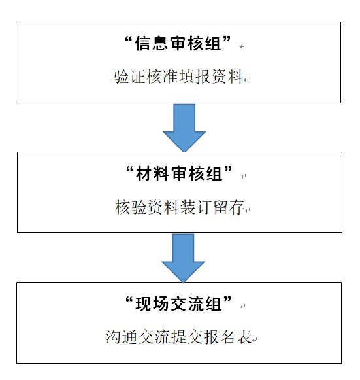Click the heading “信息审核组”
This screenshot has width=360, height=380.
pyautogui.click(x=178, y=44)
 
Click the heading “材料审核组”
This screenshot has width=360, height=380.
pyautogui.click(x=179, y=173)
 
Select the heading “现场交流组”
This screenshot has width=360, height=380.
pyautogui.click(x=178, y=303)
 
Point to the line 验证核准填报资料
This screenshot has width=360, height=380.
pyautogui.click(x=178, y=77)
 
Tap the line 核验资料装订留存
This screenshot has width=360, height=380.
pyautogui.click(x=180, y=207)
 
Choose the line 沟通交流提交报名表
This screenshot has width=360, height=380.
pyautogui.click(x=178, y=337)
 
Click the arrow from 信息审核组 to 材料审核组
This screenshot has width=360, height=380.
pyautogui.click(x=184, y=128)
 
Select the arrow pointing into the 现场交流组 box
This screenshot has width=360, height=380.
pyautogui.click(x=184, y=258)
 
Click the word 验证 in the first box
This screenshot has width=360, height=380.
pyautogui.click(x=129, y=77)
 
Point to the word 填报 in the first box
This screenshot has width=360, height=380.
pyautogui.click(x=195, y=77)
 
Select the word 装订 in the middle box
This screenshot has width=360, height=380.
pyautogui.click(x=196, y=207)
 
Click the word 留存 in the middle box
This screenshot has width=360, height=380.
pyautogui.click(x=229, y=207)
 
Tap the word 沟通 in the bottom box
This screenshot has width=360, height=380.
pyautogui.click(x=122, y=337)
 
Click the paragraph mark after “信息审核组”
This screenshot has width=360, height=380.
pyautogui.click(x=242, y=46)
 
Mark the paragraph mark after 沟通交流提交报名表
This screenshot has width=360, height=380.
pyautogui.click(x=254, y=340)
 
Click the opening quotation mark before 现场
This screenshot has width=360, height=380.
pyautogui.click(x=129, y=300)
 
